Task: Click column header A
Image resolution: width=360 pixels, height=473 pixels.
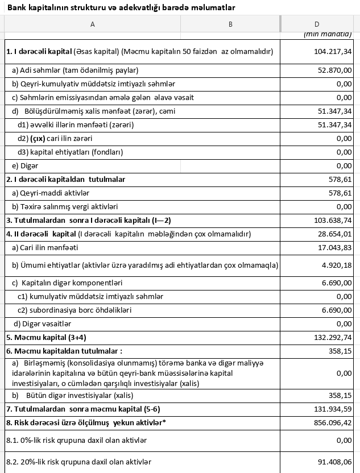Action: tap(92, 24)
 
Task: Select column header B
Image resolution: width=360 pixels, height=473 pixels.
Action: tap(230, 24)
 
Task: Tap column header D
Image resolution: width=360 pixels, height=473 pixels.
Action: tap(317, 24)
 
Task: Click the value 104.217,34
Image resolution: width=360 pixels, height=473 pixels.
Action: tap(332, 51)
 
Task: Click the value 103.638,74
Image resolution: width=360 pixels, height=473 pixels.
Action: tap(332, 220)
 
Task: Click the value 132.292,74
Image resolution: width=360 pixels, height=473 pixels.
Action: tap(332, 337)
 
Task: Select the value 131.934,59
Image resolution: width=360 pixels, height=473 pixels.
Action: tap(332, 409)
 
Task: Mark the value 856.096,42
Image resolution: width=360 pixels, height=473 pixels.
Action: tap(332, 422)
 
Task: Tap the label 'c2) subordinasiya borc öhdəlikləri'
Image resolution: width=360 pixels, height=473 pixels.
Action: tap(75, 310)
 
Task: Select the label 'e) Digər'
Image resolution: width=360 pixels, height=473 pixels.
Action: tap(25, 165)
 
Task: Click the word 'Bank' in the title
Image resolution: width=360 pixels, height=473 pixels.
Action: tap(16, 7)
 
